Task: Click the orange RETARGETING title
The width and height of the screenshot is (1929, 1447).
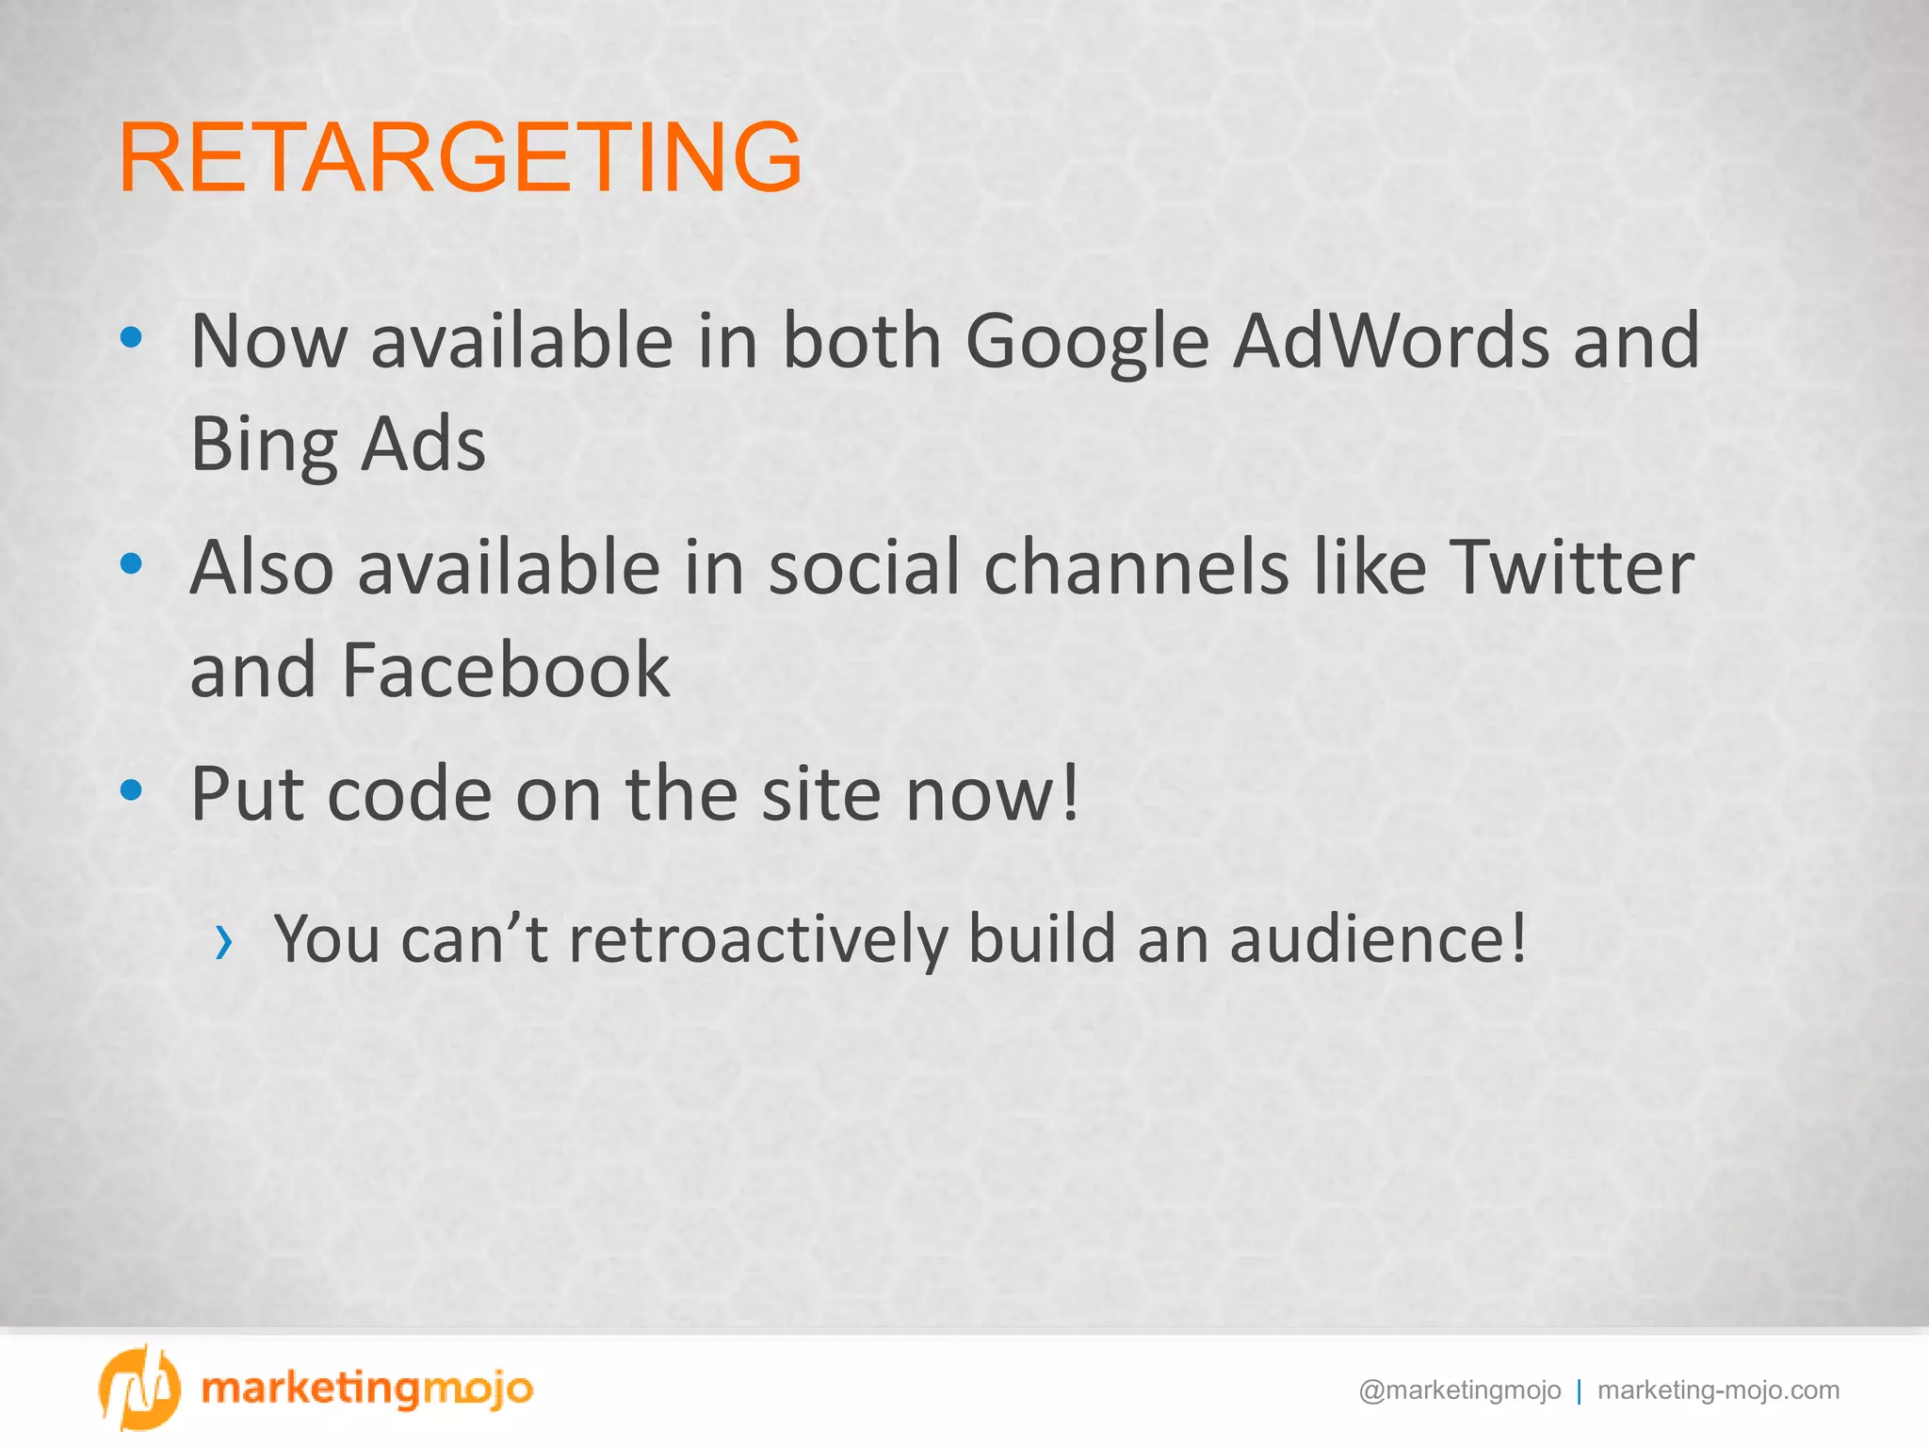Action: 461,157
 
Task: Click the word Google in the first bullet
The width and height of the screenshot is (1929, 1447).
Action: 1087,341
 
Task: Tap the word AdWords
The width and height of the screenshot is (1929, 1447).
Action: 1392,341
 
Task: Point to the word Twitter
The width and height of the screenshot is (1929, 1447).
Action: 1570,568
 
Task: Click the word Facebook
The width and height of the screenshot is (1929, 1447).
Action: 506,670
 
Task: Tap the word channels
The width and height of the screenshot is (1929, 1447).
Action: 1136,568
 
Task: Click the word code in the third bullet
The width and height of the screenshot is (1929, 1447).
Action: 409,795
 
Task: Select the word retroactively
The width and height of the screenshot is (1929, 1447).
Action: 758,939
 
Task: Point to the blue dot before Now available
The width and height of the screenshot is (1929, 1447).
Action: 132,336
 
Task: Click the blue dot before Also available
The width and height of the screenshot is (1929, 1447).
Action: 132,563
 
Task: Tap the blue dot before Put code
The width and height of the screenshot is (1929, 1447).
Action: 132,789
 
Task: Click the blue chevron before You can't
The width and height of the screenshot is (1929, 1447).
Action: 223,941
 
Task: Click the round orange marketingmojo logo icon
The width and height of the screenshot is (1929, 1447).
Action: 138,1388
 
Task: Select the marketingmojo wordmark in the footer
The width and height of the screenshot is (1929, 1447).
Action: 367,1389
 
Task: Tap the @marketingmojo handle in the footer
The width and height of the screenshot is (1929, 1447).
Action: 1459,1390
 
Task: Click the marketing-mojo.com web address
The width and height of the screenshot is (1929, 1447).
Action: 1718,1390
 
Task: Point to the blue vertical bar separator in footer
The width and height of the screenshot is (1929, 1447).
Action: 1579,1391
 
